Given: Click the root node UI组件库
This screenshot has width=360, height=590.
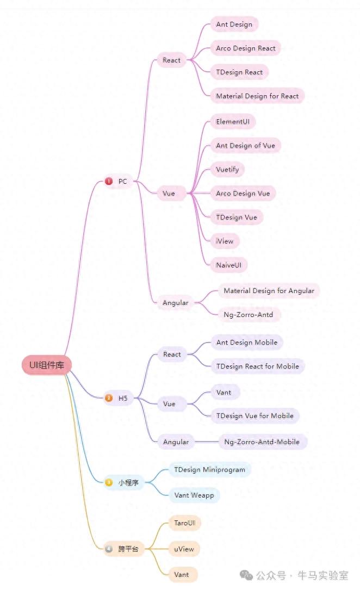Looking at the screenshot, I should pos(47,365).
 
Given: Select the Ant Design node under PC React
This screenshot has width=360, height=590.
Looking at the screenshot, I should pos(234,24).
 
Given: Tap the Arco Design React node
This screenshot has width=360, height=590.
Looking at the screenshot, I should pos(245,48).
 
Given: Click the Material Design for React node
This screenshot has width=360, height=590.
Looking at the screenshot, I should pos(257,96).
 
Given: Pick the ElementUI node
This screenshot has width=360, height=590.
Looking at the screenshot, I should pos(233,122).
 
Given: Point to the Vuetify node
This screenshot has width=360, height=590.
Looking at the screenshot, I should pos(227,170).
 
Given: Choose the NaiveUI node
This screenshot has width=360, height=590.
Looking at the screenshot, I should pos(229,265).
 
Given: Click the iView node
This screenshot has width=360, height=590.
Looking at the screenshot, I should pos(225,241).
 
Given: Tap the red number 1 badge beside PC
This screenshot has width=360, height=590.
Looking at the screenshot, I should pos(109,182).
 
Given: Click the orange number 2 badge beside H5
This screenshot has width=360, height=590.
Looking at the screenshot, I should pos(109,399).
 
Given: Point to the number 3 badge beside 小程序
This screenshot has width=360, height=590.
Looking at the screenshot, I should pos(109,482).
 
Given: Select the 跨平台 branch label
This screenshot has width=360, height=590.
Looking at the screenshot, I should pos(128,549).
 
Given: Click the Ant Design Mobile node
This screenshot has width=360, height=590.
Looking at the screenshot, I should pos(247,343).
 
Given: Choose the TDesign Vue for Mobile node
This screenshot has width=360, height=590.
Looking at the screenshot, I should pos(255,416).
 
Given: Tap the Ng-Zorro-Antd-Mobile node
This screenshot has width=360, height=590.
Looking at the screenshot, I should pos(262,442).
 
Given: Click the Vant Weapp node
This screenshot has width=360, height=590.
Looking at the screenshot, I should pos(194,495).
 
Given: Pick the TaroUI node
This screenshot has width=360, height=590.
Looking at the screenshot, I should pos(184,524).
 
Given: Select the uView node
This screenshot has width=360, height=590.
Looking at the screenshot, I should pos(184,549).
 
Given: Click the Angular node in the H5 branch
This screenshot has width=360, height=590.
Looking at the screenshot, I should pos(176,442).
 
